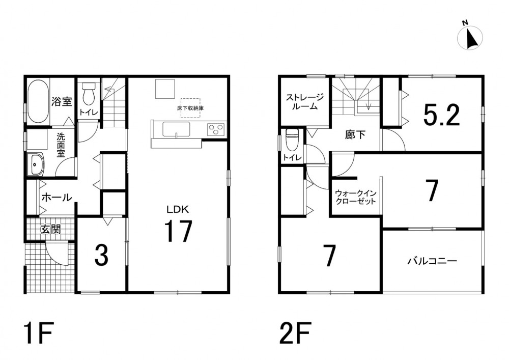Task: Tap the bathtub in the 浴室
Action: pyautogui.click(x=38, y=101)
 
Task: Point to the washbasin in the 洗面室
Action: pyautogui.click(x=36, y=164)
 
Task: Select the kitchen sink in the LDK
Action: pyautogui.click(x=176, y=130)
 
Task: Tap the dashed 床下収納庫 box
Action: pyautogui.click(x=190, y=108)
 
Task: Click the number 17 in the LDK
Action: pyautogui.click(x=178, y=231)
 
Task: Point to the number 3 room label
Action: pyautogui.click(x=101, y=255)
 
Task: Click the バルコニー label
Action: pyautogui.click(x=433, y=260)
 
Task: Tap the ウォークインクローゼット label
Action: pyautogui.click(x=355, y=197)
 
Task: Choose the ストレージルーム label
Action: pyautogui.click(x=304, y=101)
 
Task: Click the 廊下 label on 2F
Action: pyautogui.click(x=355, y=134)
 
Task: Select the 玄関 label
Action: pyautogui.click(x=50, y=230)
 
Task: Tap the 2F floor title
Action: pyautogui.click(x=295, y=333)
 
